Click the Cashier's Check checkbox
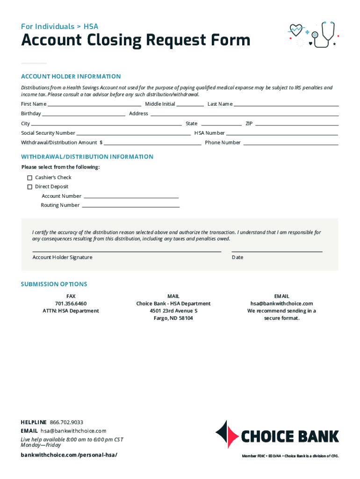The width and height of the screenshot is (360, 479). click(29, 178)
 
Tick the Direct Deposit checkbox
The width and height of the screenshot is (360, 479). click(29, 187)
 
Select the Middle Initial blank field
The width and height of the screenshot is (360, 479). click(190, 104)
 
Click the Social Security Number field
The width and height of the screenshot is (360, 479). click(133, 133)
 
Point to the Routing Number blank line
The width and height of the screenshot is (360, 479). click(130, 205)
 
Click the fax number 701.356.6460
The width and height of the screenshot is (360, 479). click(71, 304)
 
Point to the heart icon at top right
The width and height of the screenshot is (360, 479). click(296, 30)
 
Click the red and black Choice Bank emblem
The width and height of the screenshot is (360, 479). click(226, 435)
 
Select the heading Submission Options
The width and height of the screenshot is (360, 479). click(54, 284)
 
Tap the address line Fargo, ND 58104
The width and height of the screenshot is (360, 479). click(173, 318)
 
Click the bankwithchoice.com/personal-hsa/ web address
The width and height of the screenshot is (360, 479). click(69, 455)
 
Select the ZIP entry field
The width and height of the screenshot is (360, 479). click(296, 124)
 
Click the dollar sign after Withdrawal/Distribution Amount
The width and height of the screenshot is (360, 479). click(101, 143)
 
